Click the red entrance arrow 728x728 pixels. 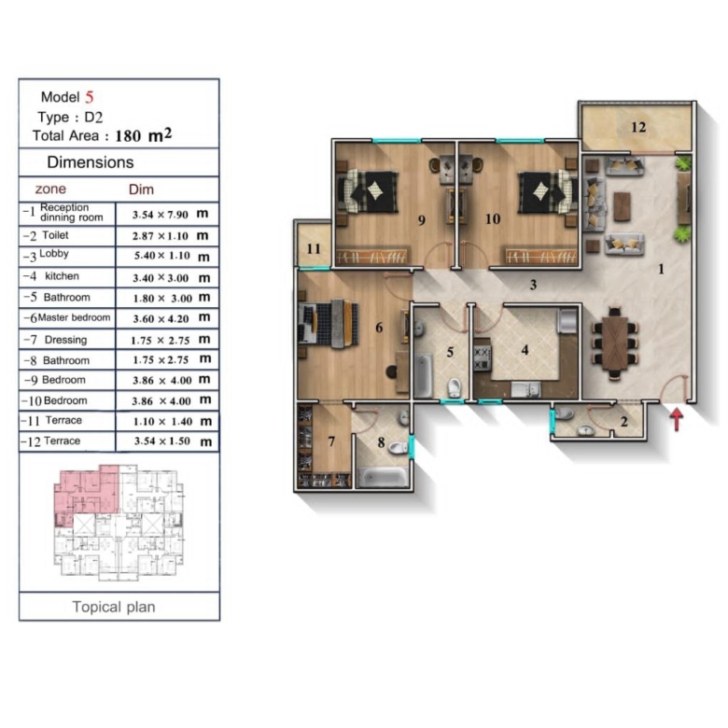click(678, 418)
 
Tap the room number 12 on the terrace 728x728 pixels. click(638, 127)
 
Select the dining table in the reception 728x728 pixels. click(615, 343)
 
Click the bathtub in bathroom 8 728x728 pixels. click(383, 477)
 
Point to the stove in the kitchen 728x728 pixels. click(483, 358)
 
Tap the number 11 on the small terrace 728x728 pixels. click(314, 249)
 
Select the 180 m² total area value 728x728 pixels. click(144, 135)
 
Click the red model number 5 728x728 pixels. click(90, 97)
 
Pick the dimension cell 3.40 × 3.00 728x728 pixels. click(161, 278)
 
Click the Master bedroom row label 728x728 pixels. click(75, 317)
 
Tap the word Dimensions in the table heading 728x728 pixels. click(91, 162)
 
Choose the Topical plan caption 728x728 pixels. click(114, 607)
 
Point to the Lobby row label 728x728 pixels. click(54, 254)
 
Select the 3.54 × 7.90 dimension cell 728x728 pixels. click(161, 215)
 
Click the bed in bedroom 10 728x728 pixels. click(544, 191)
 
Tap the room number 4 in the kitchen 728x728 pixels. click(525, 350)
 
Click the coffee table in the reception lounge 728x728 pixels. click(623, 206)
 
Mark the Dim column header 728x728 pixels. click(141, 189)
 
